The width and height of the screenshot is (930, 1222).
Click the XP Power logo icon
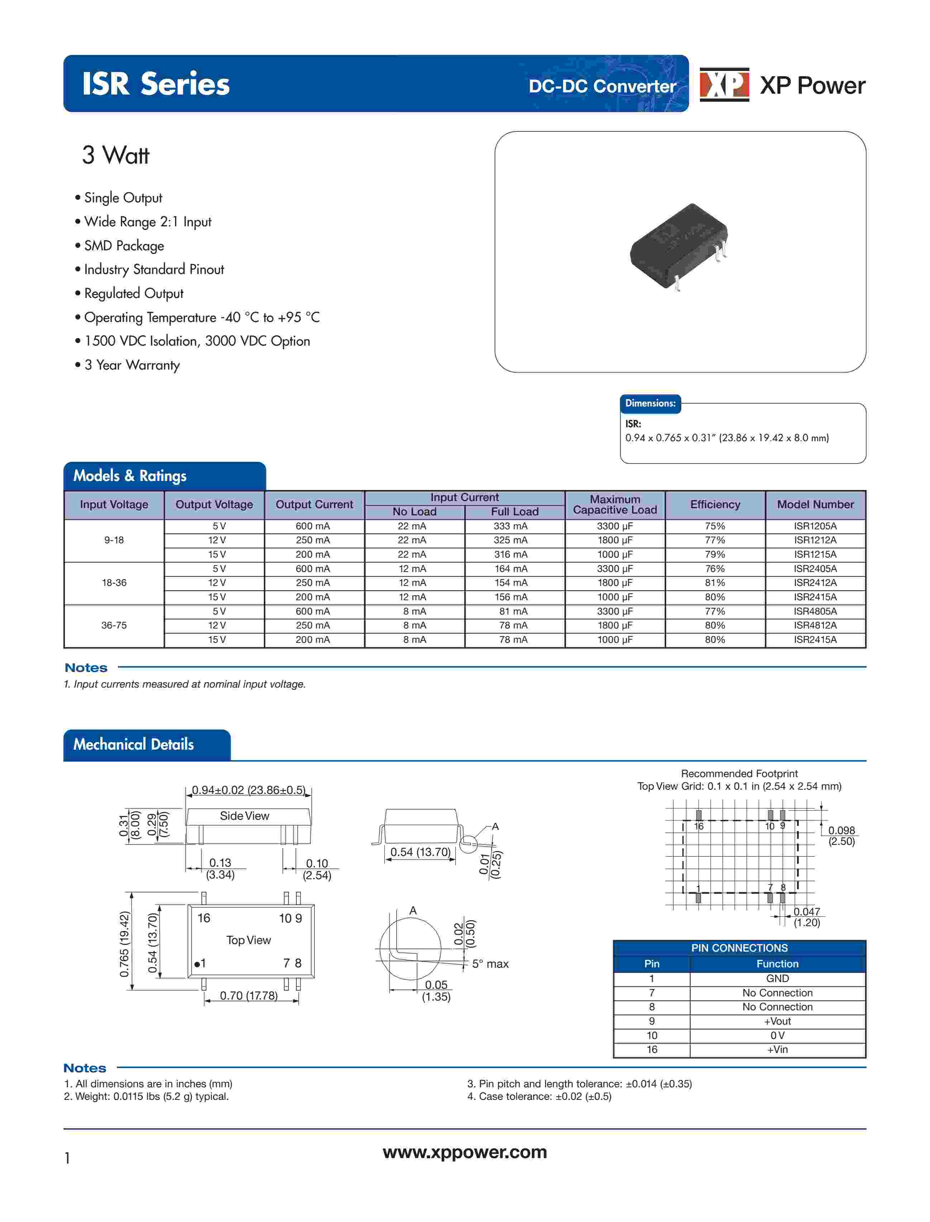pyautogui.click(x=724, y=85)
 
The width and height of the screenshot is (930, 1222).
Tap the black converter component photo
pyautogui.click(x=679, y=246)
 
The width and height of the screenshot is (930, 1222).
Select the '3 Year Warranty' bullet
pyautogui.click(x=132, y=365)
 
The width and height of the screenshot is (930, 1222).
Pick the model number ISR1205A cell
pyautogui.click(x=815, y=526)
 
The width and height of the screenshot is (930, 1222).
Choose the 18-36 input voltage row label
pyautogui.click(x=114, y=582)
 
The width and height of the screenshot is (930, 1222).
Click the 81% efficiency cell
pyautogui.click(x=715, y=582)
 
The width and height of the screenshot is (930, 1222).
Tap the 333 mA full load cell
pyautogui.click(x=510, y=526)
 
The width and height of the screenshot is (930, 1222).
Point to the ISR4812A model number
pyautogui.click(x=815, y=625)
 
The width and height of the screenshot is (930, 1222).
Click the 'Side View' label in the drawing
pyautogui.click(x=245, y=816)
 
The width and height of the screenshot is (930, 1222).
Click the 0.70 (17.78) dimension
pyautogui.click(x=249, y=996)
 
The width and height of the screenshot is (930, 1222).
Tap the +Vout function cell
pyautogui.click(x=777, y=1021)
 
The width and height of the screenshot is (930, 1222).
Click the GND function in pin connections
pyautogui.click(x=777, y=978)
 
